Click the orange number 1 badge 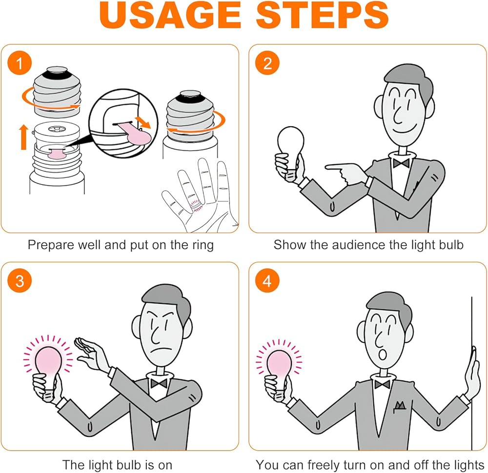coord(20,63)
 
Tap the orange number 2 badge coord(267,63)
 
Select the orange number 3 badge coord(20,281)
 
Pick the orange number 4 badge coord(267,281)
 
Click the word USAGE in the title coord(170,15)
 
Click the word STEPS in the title coord(323,15)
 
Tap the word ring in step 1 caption coord(203,245)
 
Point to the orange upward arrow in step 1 coord(23,137)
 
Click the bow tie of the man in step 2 coord(401,163)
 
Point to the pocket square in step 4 coord(400,406)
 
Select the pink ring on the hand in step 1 coord(196,205)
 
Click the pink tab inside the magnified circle coord(137,134)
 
